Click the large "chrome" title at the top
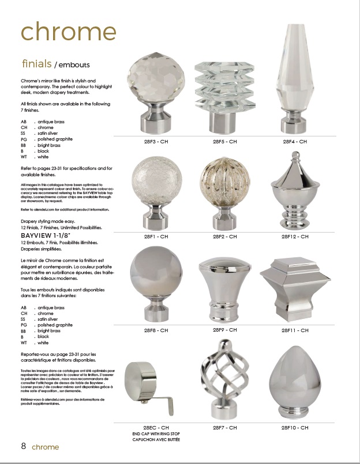68,32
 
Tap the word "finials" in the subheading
37,63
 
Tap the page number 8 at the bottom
24,446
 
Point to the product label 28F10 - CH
295,428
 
